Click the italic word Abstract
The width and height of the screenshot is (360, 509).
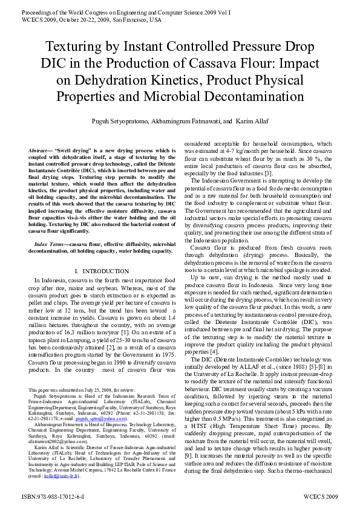coord(41,149)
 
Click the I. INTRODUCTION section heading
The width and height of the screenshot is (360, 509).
coord(102,270)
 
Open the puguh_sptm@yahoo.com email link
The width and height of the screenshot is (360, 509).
coord(97,419)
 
